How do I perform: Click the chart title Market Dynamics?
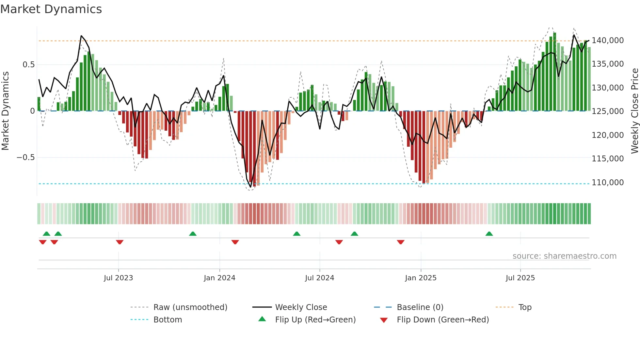tap(51, 9)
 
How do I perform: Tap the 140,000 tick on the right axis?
tap(607, 41)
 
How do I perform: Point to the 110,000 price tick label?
tap(607, 183)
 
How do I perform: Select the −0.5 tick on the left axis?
tap(26, 157)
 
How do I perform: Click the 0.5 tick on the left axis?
tap(28, 65)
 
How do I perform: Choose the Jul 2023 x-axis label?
tap(118, 278)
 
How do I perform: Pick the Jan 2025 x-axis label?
tap(421, 278)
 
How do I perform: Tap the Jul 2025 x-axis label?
tap(520, 278)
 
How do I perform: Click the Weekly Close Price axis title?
tap(634, 111)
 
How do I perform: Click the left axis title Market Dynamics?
tap(5, 111)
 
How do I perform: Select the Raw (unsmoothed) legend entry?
tap(190, 307)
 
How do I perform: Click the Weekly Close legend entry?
tap(301, 307)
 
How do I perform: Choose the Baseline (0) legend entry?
tap(420, 307)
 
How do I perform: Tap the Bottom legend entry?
tap(168, 320)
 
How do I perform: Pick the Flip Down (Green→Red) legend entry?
tap(442, 320)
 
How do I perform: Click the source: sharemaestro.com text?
tap(564, 256)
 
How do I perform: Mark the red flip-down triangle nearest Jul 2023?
tap(120, 242)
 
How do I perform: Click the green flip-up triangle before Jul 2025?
tap(489, 234)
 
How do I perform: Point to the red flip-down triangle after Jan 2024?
tap(235, 242)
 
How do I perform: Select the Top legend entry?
tap(525, 307)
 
